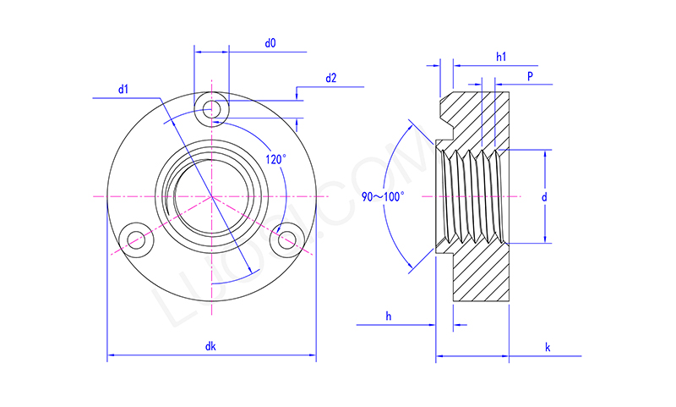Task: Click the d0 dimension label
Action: [x=270, y=42]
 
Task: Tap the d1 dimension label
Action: [x=123, y=88]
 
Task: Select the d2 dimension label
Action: [x=330, y=79]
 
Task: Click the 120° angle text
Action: [x=275, y=159]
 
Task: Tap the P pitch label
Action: [x=530, y=76]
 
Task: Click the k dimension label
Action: [x=548, y=348]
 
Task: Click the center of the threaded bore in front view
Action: [x=211, y=197]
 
